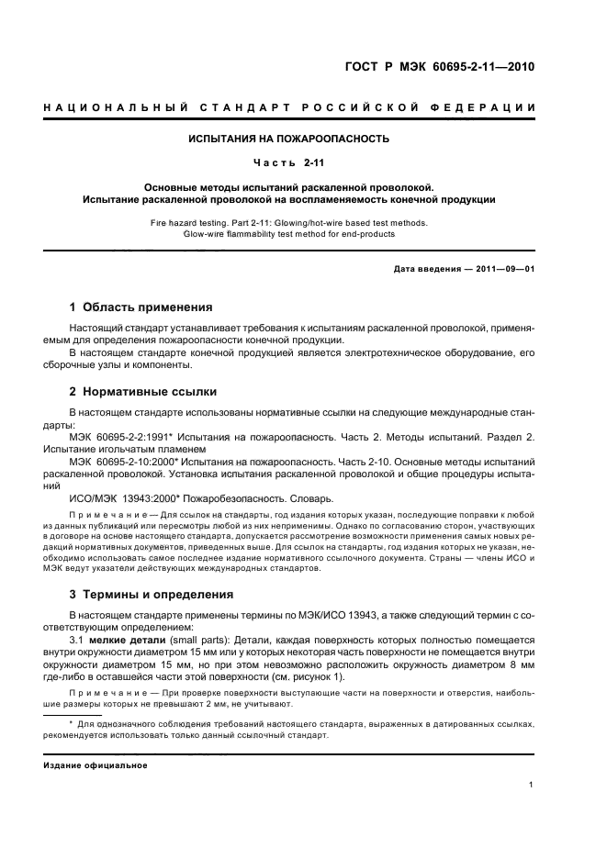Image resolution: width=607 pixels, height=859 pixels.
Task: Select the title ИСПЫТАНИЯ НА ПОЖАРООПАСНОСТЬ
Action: [289, 139]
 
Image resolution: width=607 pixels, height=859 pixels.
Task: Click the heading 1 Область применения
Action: [141, 307]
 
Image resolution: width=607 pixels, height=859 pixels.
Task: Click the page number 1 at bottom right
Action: [532, 785]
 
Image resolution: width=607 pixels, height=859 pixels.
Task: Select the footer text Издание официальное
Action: [96, 764]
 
